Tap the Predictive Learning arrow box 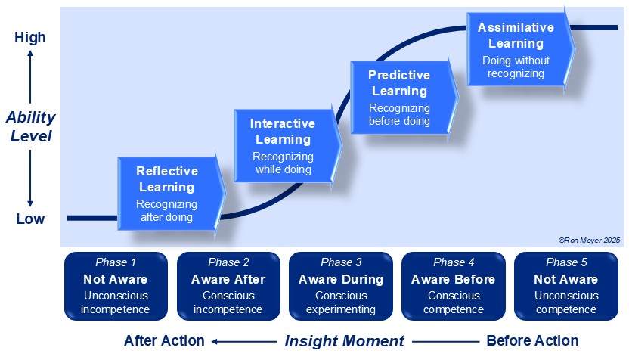[401, 98]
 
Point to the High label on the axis [30, 37]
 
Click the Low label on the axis [30, 219]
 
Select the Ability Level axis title [30, 127]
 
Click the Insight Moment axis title [344, 341]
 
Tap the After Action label [164, 341]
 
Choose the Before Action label [532, 341]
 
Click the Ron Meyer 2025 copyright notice [589, 239]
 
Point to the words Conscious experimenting [341, 303]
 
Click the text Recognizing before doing [399, 115]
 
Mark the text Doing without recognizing [516, 67]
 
